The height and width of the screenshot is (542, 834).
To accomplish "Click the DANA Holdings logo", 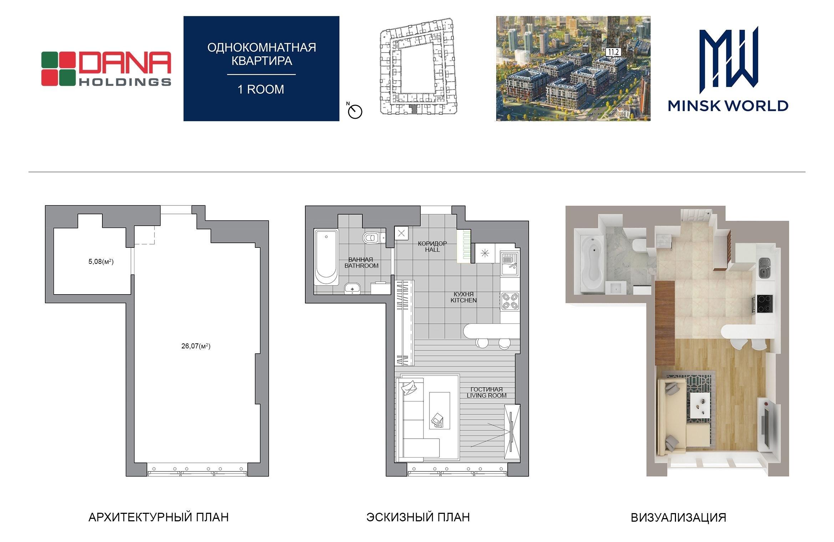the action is pyautogui.click(x=106, y=69).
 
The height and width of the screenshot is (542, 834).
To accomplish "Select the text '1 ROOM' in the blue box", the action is pyautogui.click(x=261, y=89).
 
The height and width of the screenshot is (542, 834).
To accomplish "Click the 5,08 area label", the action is pyautogui.click(x=101, y=262).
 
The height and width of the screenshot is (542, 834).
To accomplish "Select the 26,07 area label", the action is pyautogui.click(x=196, y=346).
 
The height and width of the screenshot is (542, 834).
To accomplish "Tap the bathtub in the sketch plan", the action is pyautogui.click(x=326, y=257).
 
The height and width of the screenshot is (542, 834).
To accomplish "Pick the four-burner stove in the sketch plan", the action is pyautogui.click(x=509, y=301).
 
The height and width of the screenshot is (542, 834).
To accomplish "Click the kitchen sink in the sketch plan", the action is pyautogui.click(x=510, y=264).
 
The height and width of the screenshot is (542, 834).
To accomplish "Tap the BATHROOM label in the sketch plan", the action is pyautogui.click(x=361, y=266).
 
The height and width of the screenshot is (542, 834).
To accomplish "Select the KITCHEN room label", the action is pyautogui.click(x=463, y=300).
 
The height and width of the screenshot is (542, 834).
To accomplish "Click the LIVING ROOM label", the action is pyautogui.click(x=487, y=395).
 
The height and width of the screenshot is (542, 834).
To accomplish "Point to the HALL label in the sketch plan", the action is pyautogui.click(x=432, y=250).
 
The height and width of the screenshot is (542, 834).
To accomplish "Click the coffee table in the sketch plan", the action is pyautogui.click(x=439, y=411).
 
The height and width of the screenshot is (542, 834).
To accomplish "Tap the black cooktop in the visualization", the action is pyautogui.click(x=763, y=304).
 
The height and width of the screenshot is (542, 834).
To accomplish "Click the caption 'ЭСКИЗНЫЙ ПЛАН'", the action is pyautogui.click(x=418, y=517).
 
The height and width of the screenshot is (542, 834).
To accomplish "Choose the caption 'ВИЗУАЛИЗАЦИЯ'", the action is pyautogui.click(x=678, y=517).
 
